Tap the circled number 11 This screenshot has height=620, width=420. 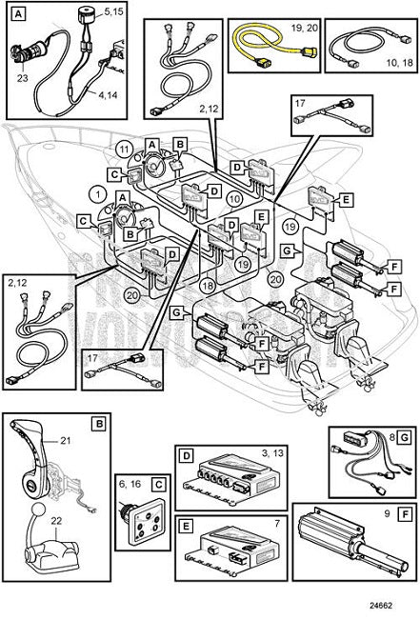click(x=125, y=149)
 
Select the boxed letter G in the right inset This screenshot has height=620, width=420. click(x=404, y=434)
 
